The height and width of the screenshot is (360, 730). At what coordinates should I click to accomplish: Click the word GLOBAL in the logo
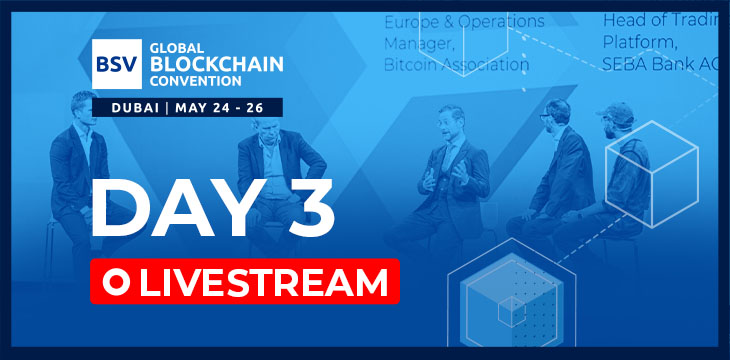point(166,47)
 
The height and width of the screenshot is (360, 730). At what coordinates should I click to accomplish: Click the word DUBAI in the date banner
point(128,106)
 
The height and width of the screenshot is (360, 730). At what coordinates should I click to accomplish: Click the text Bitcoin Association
point(456,65)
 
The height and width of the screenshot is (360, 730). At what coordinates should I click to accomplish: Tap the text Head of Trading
point(660,19)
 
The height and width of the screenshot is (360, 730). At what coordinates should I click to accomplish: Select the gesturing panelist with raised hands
point(455,165)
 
